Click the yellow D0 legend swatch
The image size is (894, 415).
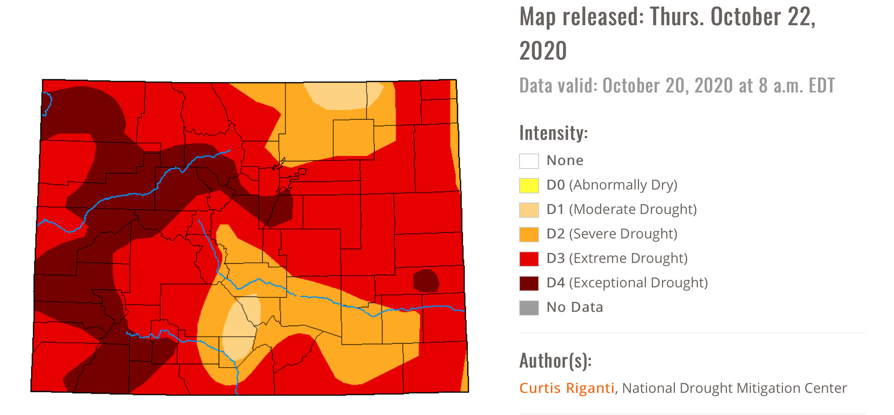click(x=529, y=186)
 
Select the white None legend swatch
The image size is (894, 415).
click(x=529, y=161)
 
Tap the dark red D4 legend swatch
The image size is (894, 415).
click(x=529, y=284)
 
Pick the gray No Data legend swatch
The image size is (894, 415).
click(x=529, y=308)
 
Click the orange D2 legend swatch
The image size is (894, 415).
click(x=529, y=235)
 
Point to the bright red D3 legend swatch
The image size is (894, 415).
click(x=529, y=259)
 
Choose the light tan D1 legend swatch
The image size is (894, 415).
click(x=529, y=210)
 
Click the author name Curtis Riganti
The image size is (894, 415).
click(x=567, y=388)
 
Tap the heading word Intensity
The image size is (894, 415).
click(x=553, y=133)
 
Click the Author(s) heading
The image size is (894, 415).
click(x=555, y=361)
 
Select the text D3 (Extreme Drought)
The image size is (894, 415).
click(x=617, y=259)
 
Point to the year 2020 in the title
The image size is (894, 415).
click(x=543, y=51)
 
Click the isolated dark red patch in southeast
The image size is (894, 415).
click(x=426, y=281)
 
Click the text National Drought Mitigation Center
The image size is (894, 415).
click(x=734, y=388)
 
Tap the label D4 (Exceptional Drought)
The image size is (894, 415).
click(x=627, y=283)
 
